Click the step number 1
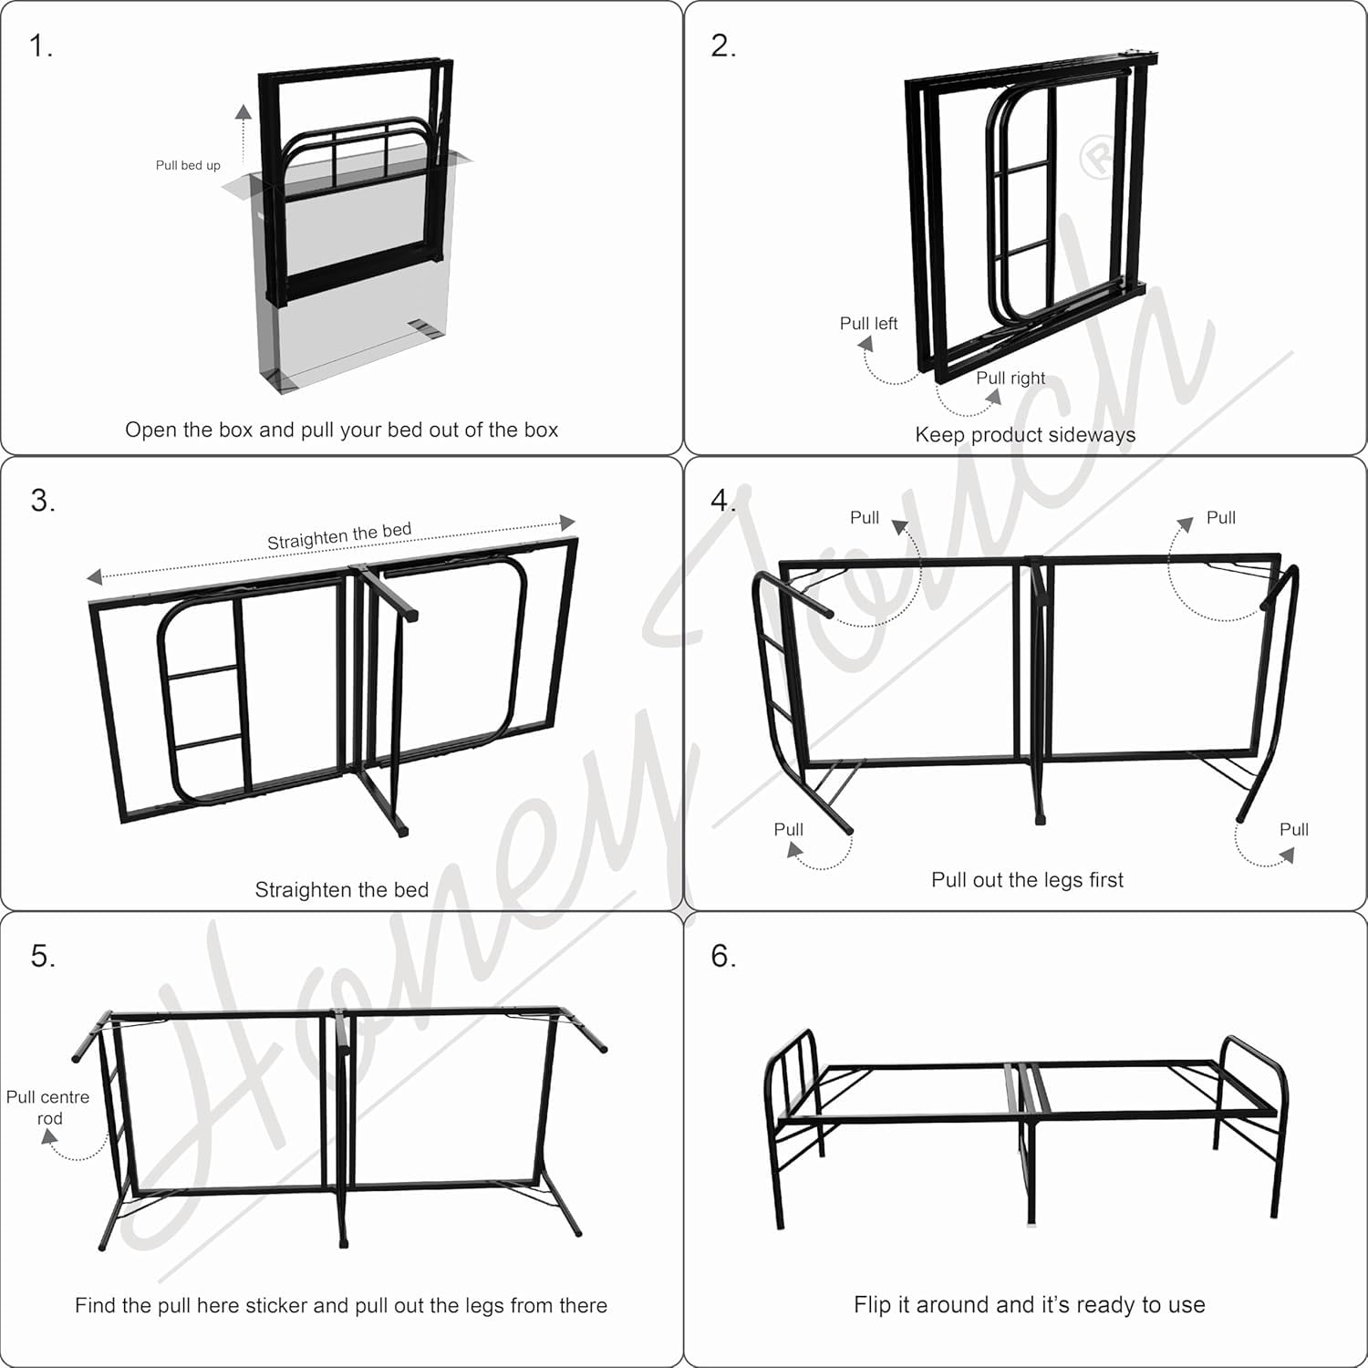point(40,46)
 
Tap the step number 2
point(723,46)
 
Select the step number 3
point(42,500)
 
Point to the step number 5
point(42,956)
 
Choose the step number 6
point(723,956)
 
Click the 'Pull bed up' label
point(188,165)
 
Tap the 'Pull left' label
point(868,324)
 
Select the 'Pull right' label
point(1010,378)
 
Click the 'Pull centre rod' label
point(48,1108)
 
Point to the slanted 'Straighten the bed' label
point(339,535)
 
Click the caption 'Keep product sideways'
point(1025,435)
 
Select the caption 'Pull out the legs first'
point(1027,880)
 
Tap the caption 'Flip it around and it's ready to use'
point(1030,1305)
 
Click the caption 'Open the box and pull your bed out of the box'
point(341,430)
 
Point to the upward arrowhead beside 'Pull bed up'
point(244,112)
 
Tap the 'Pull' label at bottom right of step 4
point(1293,830)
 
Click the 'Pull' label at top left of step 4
point(865,518)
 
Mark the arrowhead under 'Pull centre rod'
point(50,1137)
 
